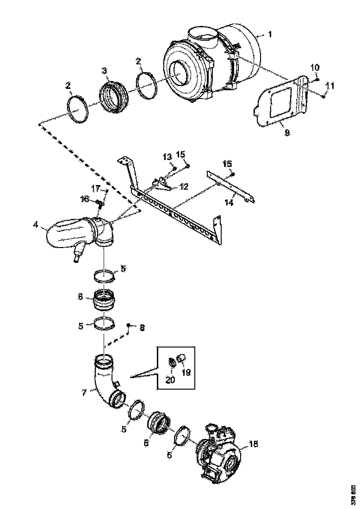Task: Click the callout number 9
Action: point(287,133)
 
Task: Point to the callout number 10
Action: point(315,68)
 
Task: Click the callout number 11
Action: point(329,86)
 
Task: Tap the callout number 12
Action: point(184,186)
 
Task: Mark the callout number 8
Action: point(142,328)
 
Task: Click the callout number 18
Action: point(253,444)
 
